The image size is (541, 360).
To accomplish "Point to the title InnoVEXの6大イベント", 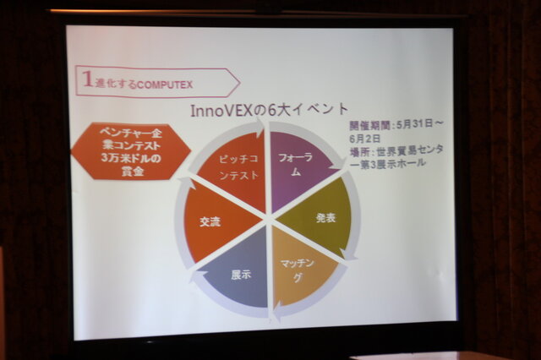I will click(x=267, y=110).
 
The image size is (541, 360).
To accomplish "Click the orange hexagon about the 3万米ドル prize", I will click(x=125, y=150).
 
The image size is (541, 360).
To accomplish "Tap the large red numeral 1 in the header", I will click(x=87, y=80).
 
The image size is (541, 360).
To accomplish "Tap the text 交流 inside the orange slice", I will click(x=209, y=222).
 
